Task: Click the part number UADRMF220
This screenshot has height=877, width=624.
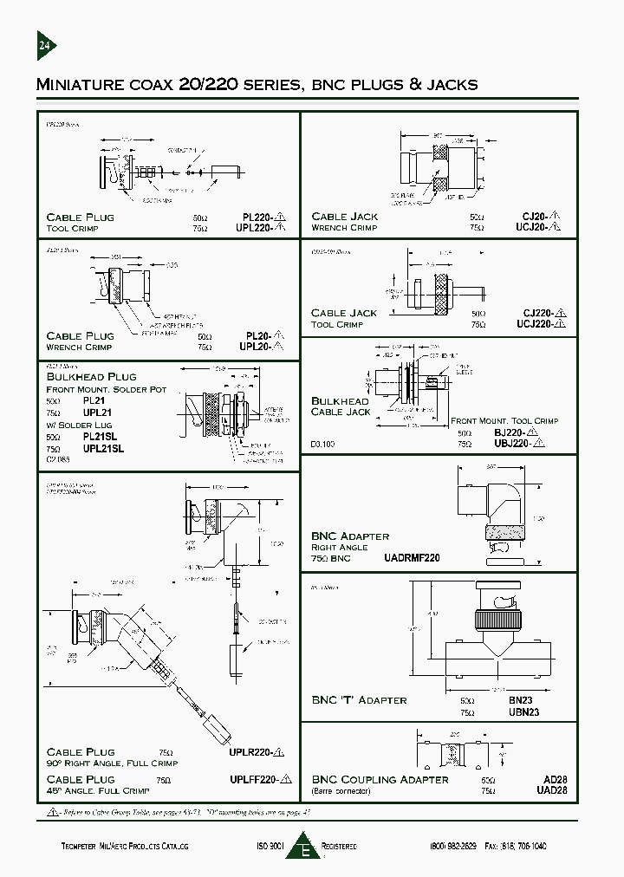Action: [412, 558]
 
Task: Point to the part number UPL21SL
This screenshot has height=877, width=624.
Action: [104, 449]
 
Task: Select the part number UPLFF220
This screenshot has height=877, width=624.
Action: [250, 780]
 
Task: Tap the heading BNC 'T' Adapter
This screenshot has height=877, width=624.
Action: [359, 699]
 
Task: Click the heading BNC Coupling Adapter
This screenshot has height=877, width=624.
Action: [380, 780]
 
